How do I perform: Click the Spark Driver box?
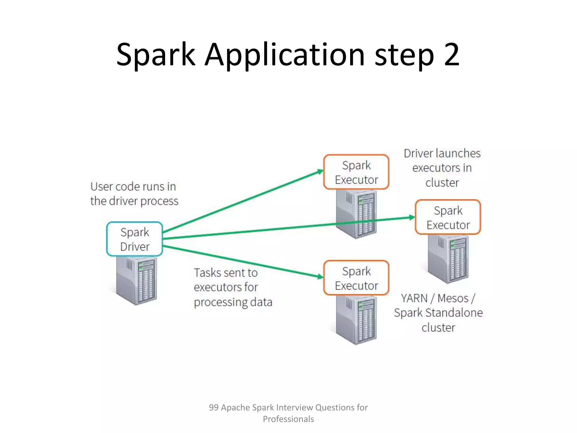pyautogui.click(x=135, y=239)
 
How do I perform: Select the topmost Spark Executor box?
pyautogui.click(x=356, y=172)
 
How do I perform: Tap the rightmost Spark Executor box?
pyautogui.click(x=448, y=217)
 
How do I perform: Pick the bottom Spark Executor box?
pyautogui.click(x=356, y=278)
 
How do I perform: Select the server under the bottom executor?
pyautogui.click(x=356, y=320)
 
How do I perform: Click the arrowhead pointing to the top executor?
pyautogui.click(x=320, y=171)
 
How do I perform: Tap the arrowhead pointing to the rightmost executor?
pyautogui.click(x=412, y=217)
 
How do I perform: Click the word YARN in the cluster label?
pyautogui.click(x=414, y=298)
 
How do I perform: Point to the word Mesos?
pyautogui.click(x=453, y=298)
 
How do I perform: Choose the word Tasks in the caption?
pyautogui.click(x=208, y=273)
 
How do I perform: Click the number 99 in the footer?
pyautogui.click(x=214, y=407)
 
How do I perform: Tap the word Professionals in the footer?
pyautogui.click(x=288, y=419)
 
